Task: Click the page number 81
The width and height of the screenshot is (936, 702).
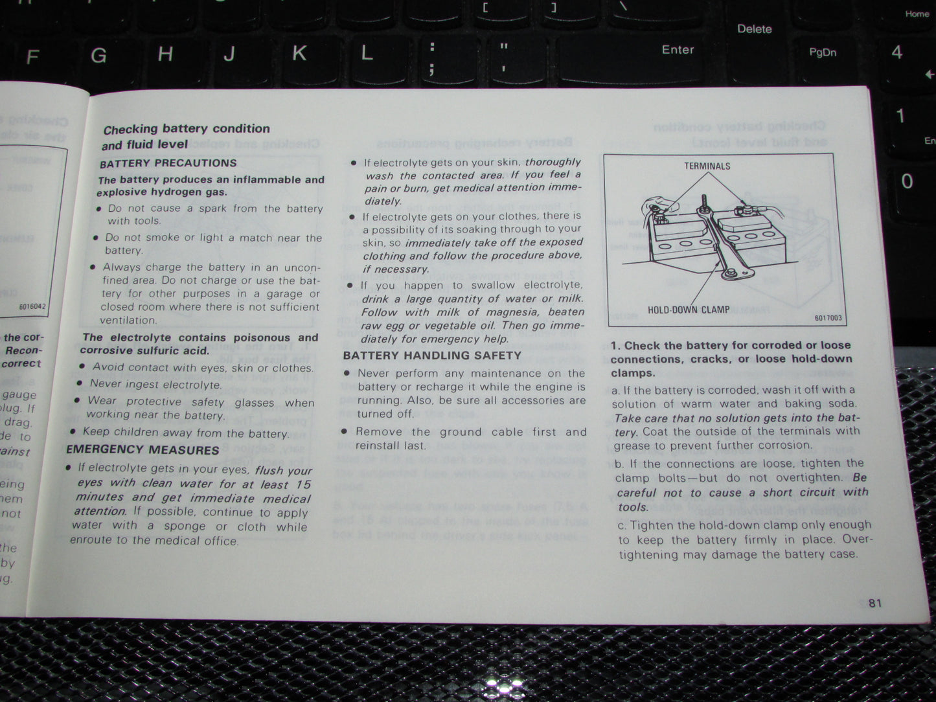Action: pos(875,603)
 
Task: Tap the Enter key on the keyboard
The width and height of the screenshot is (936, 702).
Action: pos(678,50)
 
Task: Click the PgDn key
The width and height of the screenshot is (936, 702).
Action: pos(823,52)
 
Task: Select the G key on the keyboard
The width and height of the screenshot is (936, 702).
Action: pos(98,56)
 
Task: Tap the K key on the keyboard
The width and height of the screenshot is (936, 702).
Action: pos(299,53)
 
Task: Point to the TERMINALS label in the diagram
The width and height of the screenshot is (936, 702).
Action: pos(707,166)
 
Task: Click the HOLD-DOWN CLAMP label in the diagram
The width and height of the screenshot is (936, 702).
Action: pos(689,310)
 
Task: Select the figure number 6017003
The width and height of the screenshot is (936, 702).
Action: pos(828,318)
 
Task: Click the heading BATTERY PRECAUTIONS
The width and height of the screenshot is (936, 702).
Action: pos(168,163)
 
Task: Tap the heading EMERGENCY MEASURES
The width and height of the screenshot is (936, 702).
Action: pos(143,449)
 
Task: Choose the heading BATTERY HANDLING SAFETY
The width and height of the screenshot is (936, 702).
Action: pos(432,356)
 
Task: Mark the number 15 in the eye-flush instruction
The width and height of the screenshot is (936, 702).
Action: pos(303,484)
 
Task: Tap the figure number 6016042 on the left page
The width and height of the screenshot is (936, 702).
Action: pos(32,306)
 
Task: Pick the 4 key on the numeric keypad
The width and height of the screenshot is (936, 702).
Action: pos(896,52)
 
